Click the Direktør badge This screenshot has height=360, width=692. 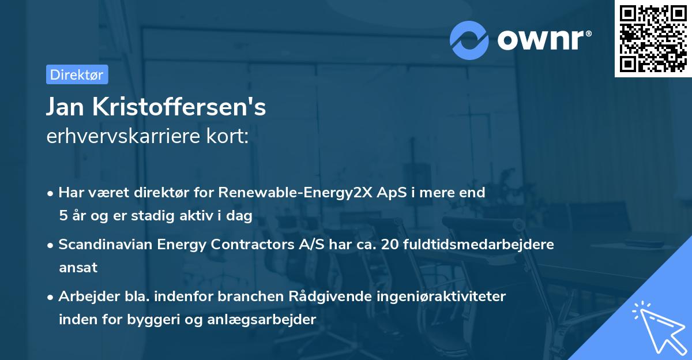point(77,74)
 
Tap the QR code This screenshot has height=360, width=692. point(653,39)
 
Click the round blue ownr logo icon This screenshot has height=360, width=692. point(469,40)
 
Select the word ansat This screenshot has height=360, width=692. point(78,267)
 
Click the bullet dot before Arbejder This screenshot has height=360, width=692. point(51,297)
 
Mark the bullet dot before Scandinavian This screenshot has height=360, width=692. point(51,245)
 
